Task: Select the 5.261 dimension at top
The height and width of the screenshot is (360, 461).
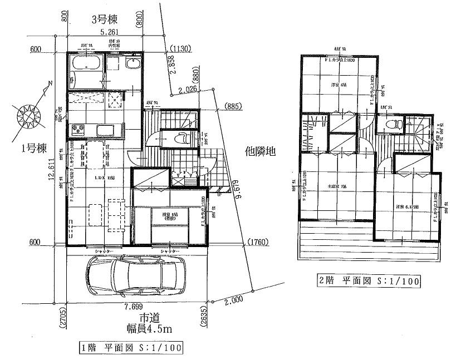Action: point(109,33)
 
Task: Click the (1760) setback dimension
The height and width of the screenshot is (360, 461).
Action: point(257,241)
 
